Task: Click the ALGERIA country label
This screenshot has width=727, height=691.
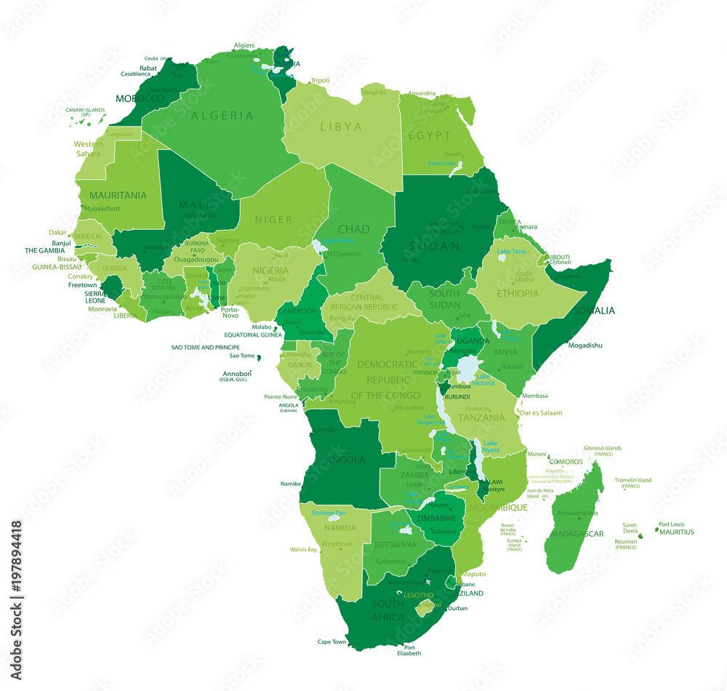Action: click(x=222, y=115)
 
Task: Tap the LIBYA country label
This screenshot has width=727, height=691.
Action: click(x=341, y=127)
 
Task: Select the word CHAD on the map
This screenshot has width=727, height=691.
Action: click(x=353, y=229)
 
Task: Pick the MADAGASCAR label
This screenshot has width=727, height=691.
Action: click(x=577, y=533)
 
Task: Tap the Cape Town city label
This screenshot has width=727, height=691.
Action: click(x=332, y=642)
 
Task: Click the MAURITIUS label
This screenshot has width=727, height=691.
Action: click(x=676, y=532)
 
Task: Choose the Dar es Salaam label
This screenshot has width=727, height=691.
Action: click(x=542, y=412)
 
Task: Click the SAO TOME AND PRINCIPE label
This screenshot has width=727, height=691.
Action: click(x=205, y=347)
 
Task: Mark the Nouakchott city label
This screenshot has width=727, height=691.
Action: click(x=102, y=209)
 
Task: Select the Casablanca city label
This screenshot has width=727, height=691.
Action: click(x=136, y=73)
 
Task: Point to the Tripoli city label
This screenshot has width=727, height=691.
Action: click(x=320, y=80)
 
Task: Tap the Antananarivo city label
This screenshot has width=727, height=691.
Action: click(x=577, y=513)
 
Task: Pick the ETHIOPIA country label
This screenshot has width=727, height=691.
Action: click(x=518, y=293)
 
